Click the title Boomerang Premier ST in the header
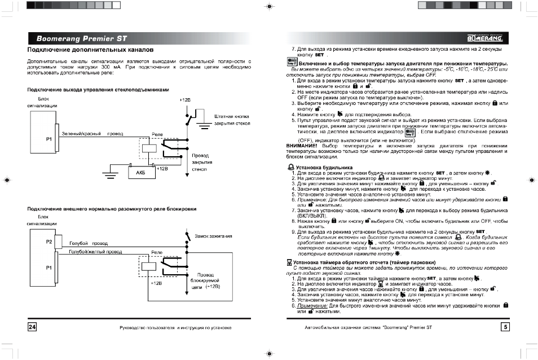[82, 39]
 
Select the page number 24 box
[32, 327]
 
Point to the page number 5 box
[505, 327]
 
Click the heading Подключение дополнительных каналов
[91, 51]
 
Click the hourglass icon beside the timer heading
[289, 262]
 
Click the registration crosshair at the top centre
[269, 7]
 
